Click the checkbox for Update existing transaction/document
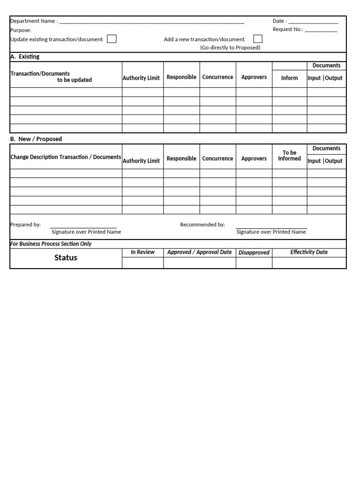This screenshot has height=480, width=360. (112, 39)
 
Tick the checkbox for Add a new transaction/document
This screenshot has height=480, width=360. (258, 39)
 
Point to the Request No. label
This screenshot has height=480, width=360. (288, 30)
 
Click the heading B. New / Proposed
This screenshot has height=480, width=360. (36, 139)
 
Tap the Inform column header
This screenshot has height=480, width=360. (289, 78)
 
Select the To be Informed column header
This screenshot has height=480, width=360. (289, 156)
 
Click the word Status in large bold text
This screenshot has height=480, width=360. (66, 258)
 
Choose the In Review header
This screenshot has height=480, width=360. (142, 252)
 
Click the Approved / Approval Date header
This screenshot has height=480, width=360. (199, 252)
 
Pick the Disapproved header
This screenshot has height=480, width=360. (254, 253)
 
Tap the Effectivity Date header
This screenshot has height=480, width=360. (309, 252)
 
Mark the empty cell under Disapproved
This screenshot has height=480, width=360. (254, 262)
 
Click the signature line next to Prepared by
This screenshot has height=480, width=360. (83, 227)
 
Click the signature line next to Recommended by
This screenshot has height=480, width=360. (271, 227)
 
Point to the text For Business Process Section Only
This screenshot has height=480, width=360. (51, 244)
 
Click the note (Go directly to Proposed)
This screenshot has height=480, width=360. (230, 48)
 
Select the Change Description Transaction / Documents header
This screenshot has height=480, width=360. (66, 157)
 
